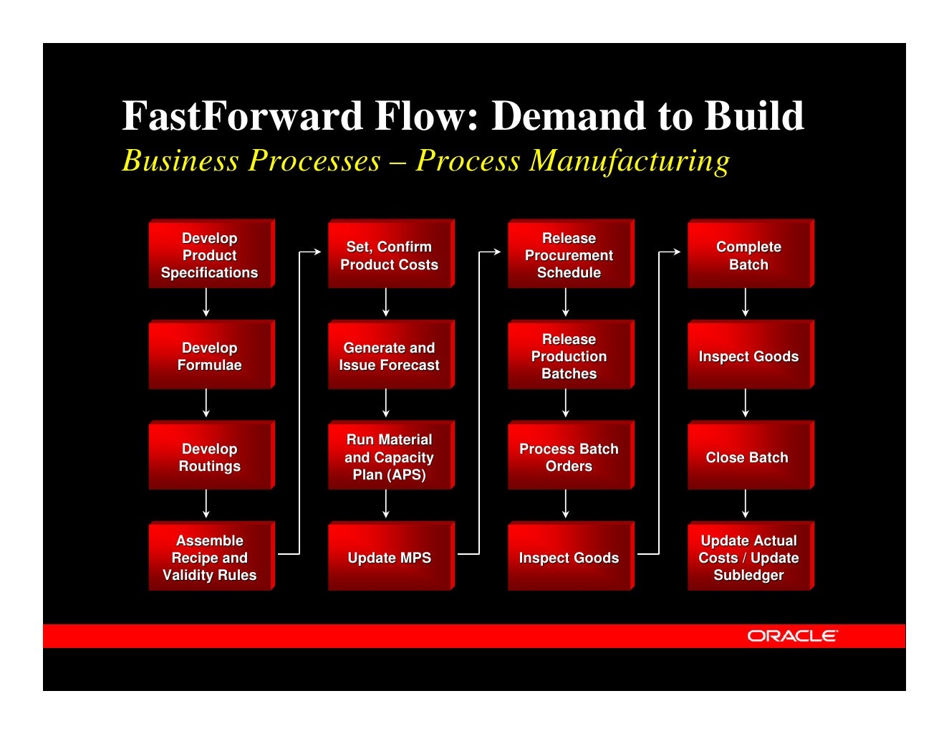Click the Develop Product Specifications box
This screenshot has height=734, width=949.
(x=210, y=254)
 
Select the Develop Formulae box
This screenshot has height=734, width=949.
(x=210, y=356)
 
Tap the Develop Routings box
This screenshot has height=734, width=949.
(x=210, y=457)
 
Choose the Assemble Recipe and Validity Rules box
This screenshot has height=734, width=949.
(x=210, y=557)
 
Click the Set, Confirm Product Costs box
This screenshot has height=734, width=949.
(x=390, y=254)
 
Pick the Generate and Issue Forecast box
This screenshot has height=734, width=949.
(x=390, y=356)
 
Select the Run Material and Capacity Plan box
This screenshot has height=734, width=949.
(x=390, y=457)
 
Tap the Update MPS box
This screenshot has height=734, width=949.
(x=390, y=557)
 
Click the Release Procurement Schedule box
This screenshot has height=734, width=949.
(x=569, y=254)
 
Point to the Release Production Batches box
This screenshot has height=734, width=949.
(x=569, y=356)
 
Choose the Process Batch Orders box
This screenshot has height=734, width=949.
(x=569, y=457)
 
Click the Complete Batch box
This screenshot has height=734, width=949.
(x=749, y=254)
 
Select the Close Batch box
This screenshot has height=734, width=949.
(x=749, y=457)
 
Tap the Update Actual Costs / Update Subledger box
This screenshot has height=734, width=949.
(x=749, y=557)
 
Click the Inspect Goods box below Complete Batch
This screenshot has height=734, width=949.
(x=749, y=356)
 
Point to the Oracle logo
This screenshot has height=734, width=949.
(x=792, y=636)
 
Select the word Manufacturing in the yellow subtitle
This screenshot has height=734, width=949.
(x=630, y=161)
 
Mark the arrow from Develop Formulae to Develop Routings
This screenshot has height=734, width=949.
(x=206, y=404)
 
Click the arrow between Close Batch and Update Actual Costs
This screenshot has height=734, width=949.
(x=746, y=504)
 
